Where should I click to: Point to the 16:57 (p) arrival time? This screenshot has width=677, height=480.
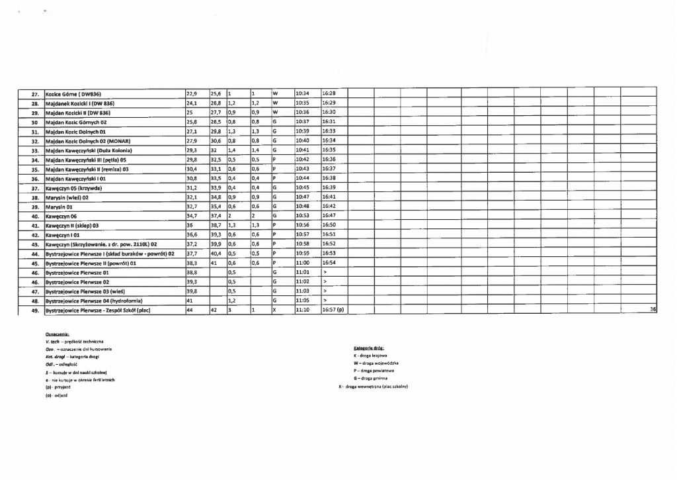(333, 310)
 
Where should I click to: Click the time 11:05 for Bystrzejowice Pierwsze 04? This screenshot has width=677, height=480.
(302, 300)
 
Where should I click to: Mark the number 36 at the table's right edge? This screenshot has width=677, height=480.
(653, 310)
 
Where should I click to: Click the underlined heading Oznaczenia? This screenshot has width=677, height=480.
(58, 335)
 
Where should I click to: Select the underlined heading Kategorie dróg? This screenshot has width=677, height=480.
(370, 348)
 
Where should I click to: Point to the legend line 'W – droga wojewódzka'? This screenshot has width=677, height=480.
(376, 363)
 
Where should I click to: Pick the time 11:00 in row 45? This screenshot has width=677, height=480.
(302, 263)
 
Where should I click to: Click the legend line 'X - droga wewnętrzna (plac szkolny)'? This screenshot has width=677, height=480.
(373, 387)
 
